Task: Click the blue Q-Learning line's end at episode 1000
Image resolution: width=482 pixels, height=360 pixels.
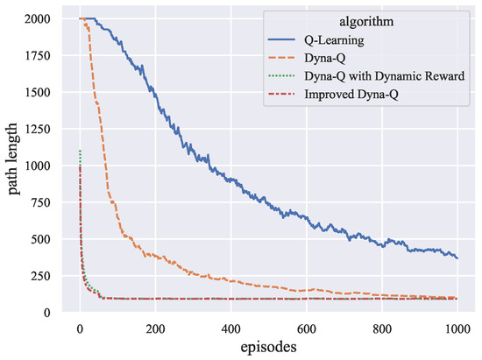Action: (457, 258)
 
